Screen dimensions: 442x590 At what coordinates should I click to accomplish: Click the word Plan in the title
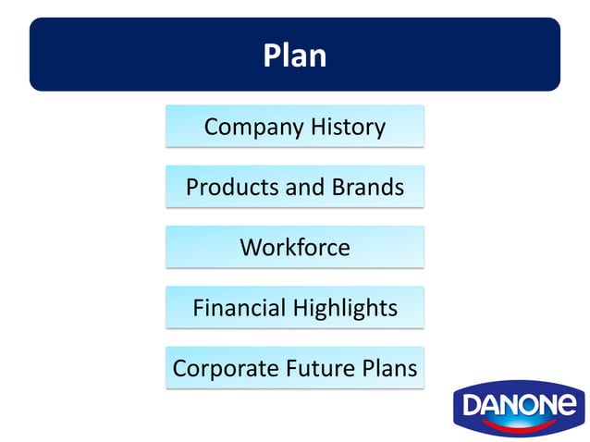295,55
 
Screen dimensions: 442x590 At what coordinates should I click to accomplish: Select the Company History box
295,127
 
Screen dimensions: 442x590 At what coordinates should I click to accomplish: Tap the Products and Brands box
295,187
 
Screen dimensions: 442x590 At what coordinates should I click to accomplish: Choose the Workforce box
295,248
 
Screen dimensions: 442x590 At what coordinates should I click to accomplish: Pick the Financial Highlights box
295,308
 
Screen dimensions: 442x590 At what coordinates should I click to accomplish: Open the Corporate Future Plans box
295,368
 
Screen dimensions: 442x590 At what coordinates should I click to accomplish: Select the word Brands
368,187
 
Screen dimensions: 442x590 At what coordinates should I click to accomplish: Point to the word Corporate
219,368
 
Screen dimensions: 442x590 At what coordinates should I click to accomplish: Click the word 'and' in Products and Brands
305,187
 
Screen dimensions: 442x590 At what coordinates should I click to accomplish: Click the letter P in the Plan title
273,55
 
